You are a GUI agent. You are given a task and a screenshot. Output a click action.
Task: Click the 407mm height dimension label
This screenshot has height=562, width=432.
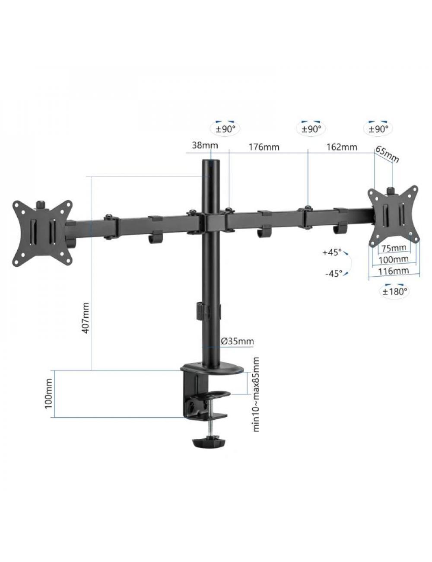pyautogui.click(x=86, y=317)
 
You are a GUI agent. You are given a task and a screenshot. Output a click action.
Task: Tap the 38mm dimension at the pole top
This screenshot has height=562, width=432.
pyautogui.click(x=205, y=146)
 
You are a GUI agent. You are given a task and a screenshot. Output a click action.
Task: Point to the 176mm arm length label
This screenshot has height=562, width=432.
pyautogui.click(x=264, y=147)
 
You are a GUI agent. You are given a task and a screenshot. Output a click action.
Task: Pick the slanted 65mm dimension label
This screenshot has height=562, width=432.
pyautogui.click(x=388, y=154)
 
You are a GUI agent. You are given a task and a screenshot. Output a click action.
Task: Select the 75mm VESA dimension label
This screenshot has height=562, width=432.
pyautogui.click(x=394, y=248)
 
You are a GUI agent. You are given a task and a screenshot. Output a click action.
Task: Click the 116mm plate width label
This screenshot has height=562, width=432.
pyautogui.click(x=394, y=271)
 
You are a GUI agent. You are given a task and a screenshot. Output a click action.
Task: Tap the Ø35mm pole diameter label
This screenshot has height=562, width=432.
pyautogui.click(x=237, y=342)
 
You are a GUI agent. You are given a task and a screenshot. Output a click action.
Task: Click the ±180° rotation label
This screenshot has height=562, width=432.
pyautogui.click(x=394, y=291)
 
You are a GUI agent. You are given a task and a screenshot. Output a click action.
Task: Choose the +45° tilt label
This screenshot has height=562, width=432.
pyautogui.click(x=332, y=252)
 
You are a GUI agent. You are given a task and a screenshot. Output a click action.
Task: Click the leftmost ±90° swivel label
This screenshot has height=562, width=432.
pyautogui.click(x=226, y=129)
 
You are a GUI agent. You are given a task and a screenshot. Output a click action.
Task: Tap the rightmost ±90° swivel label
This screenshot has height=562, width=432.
pyautogui.click(x=378, y=129)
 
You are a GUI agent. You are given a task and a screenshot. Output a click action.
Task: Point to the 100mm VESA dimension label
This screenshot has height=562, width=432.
pyautogui.click(x=394, y=259)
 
